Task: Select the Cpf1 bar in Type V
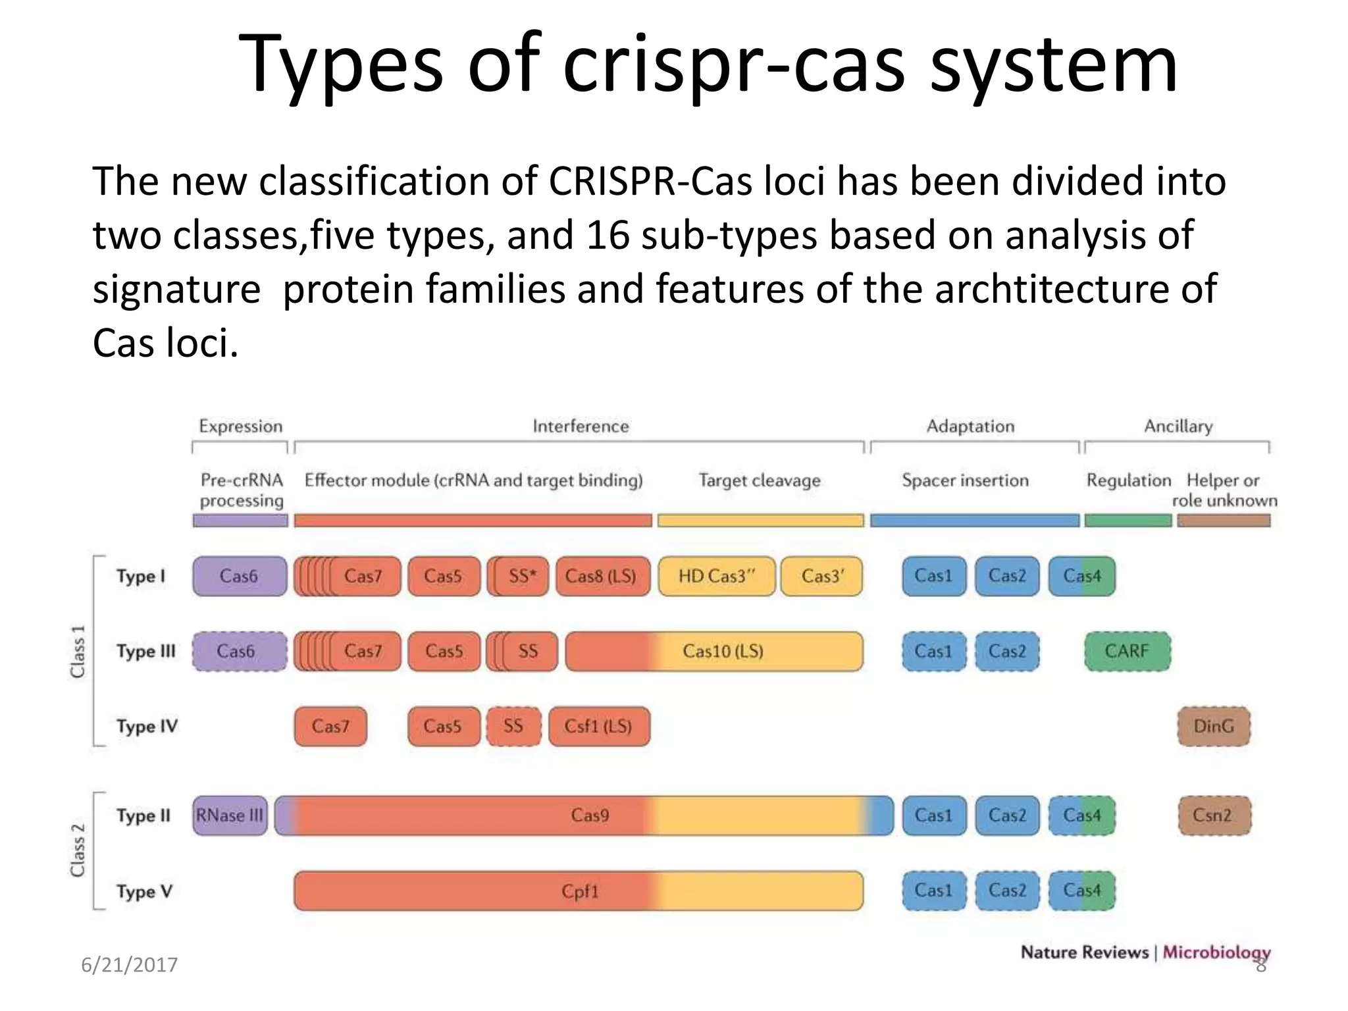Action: [x=579, y=891]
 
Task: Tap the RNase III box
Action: [x=230, y=816]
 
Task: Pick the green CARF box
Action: [x=1127, y=651]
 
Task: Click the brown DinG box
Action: [x=1213, y=726]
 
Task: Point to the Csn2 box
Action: [x=1213, y=816]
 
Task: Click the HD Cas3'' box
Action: [x=716, y=576]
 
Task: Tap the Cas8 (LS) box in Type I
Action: [x=602, y=576]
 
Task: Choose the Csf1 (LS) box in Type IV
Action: [x=598, y=726]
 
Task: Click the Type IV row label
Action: [x=147, y=726]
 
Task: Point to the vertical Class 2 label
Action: [x=78, y=850]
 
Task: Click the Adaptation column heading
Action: [x=970, y=426]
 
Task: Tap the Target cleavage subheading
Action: [x=759, y=480]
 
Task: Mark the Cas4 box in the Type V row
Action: [x=1081, y=891]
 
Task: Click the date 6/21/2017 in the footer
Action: [x=129, y=965]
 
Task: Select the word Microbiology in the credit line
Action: [x=1216, y=952]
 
